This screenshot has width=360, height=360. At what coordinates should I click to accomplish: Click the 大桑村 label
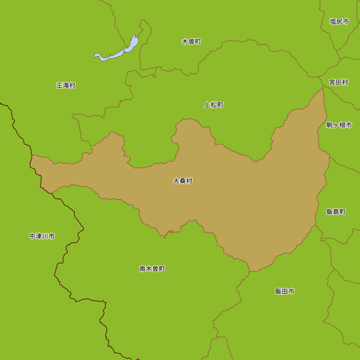pos(183,181)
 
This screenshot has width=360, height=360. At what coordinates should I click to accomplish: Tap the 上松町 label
pos(214,105)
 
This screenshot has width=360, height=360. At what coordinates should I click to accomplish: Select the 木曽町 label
pos(191,42)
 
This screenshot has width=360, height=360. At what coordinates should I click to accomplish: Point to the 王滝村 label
pos(66,86)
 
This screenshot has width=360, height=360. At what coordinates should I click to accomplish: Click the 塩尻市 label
pos(339,22)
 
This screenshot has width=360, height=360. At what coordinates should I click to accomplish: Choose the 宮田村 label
pos(338,82)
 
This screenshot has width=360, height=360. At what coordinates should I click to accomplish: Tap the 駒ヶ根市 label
pos(339,125)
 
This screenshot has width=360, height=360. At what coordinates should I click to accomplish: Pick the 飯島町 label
pos(336,212)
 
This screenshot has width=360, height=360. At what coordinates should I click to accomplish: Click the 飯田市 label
pos(284,291)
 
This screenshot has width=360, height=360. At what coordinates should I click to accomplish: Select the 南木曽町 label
pos(152,269)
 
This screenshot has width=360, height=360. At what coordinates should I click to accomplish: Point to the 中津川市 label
pos(42,236)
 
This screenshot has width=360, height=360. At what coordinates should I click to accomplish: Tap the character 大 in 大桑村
pos(176,181)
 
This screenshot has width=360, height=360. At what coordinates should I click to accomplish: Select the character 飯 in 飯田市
pos(278,291)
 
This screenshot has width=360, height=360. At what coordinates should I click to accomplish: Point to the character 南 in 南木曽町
pos(143,269)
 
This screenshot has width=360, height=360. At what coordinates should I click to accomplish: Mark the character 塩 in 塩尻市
pos(333,22)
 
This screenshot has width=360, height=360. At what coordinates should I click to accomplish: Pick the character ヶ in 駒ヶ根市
pos(336,125)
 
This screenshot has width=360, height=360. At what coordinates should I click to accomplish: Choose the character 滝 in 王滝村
pos(66,86)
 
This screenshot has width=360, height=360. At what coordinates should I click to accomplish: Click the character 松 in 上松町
pos(214,105)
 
